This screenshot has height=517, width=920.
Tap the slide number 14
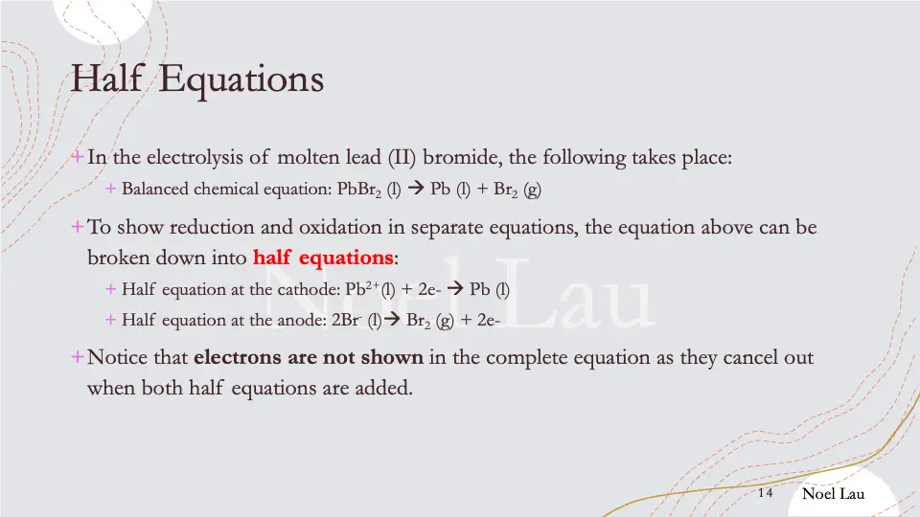click(x=765, y=493)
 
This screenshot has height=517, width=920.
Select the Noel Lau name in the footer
click(x=833, y=493)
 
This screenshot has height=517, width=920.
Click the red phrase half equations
click(x=323, y=258)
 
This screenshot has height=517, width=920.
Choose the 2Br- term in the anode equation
click(x=347, y=320)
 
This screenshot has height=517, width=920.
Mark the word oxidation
click(x=337, y=229)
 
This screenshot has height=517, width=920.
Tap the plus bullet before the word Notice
click(x=77, y=357)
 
